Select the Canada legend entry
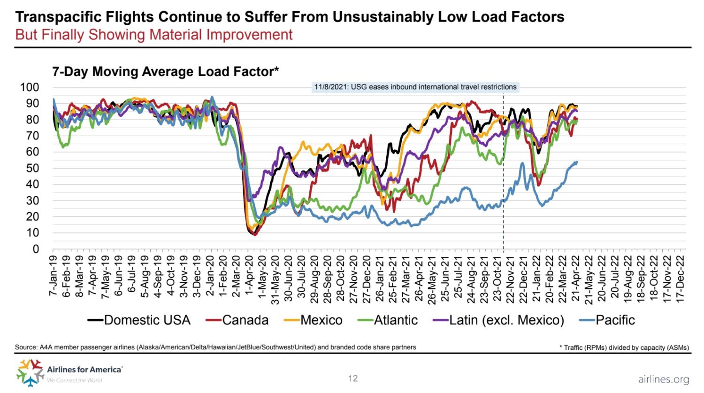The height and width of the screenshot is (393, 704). [x=237, y=320]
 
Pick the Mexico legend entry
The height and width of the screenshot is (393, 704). [x=314, y=320]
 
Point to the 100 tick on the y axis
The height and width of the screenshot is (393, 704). [x=30, y=87]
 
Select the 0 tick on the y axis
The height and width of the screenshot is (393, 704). [x=36, y=249]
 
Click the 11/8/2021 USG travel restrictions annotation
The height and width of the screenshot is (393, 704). [x=415, y=87]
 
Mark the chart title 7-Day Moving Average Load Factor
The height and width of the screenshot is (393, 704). [x=165, y=71]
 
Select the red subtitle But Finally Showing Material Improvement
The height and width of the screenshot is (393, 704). [x=154, y=35]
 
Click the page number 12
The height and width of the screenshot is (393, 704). [x=353, y=378]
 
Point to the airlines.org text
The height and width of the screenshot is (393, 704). [x=663, y=379]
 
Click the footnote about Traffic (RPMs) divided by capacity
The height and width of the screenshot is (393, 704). [x=624, y=347]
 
